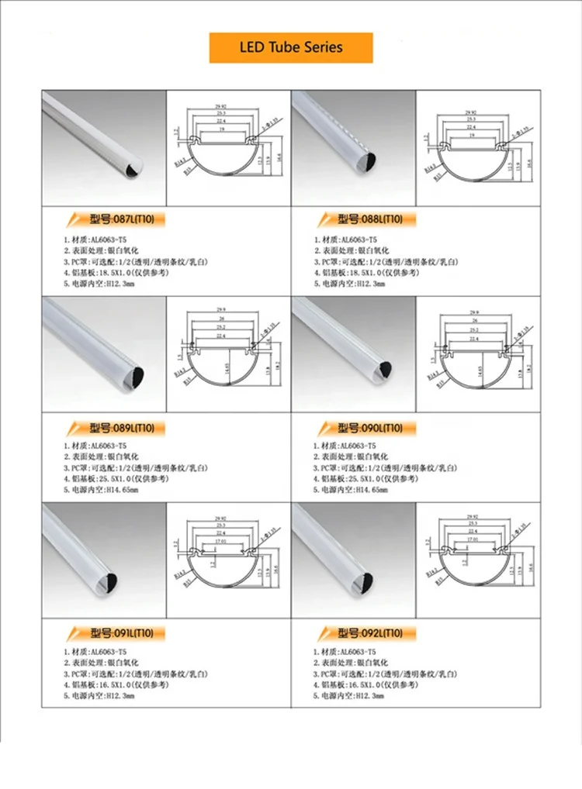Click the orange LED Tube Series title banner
tap(291, 47)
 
